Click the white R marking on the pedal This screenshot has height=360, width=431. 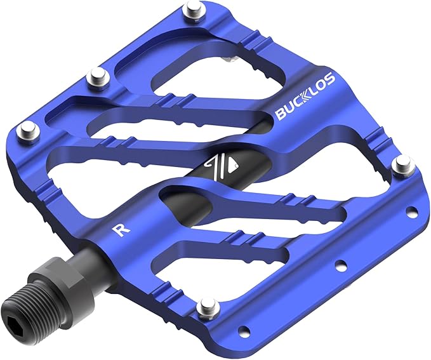click(x=119, y=229)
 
